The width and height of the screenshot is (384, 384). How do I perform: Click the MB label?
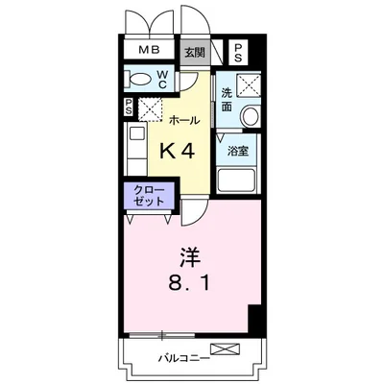coord(148,51)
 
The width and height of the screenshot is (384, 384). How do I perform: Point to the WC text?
coord(162,79)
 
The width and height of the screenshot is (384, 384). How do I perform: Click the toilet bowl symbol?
coord(138,79)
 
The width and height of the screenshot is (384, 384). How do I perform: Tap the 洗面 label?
coord(227,99)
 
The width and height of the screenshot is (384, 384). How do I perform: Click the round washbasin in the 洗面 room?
coord(251,116)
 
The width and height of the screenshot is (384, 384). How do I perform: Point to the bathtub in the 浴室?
coord(237,180)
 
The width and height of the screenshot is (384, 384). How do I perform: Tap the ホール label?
coord(184,120)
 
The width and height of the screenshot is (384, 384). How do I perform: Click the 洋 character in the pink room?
coord(189,257)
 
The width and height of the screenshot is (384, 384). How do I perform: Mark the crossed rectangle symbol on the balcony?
coord(224,348)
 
